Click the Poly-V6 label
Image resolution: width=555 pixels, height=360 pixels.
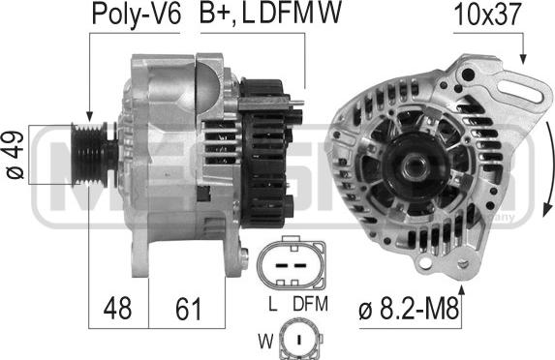click(137, 15)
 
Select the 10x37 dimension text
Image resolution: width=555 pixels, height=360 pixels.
click(488, 15)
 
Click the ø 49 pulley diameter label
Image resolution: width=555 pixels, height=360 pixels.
click(15, 155)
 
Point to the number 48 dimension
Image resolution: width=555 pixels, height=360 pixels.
click(117, 309)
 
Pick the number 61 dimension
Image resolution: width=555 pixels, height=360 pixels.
click(188, 309)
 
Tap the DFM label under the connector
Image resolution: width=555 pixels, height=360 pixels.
click(310, 304)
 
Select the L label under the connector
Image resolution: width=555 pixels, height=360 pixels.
click(272, 304)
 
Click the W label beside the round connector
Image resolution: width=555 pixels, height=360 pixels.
click(265, 342)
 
